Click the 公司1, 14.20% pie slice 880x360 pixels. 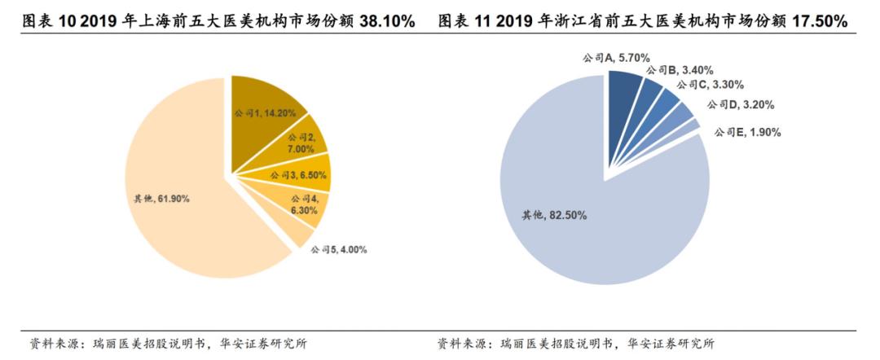click(265, 110)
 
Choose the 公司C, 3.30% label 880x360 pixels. click(709, 85)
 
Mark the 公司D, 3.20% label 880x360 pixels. click(740, 105)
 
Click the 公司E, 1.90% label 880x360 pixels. click(747, 132)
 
